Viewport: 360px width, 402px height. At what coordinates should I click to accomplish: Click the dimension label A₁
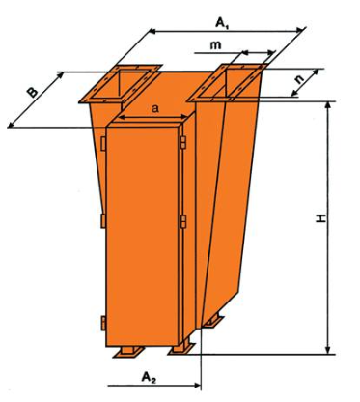point(222,24)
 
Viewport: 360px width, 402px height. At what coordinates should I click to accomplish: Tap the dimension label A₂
point(149,377)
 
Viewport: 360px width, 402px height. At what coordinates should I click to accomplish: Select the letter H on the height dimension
point(320,219)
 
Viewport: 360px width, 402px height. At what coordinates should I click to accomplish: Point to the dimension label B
point(32,93)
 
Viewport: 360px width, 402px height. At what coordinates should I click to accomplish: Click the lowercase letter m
point(215,45)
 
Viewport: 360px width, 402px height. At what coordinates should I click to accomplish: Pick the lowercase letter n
point(300,79)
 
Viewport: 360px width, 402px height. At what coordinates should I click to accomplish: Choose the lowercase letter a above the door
point(155,109)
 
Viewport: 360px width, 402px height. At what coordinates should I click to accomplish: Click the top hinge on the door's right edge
point(183,143)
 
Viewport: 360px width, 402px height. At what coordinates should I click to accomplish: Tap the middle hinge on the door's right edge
point(183,222)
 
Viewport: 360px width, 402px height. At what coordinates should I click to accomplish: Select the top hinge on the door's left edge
point(103,144)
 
